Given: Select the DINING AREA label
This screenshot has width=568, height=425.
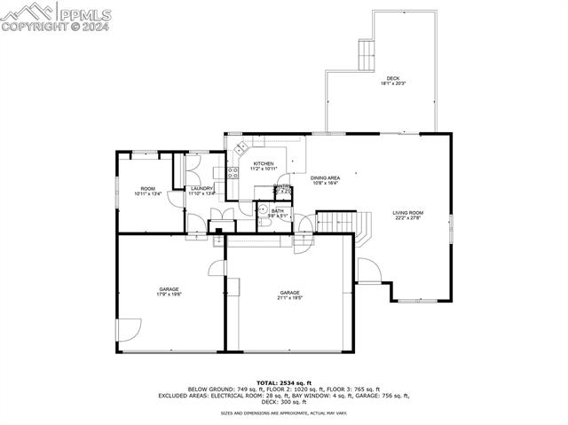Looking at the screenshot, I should (x=325, y=178).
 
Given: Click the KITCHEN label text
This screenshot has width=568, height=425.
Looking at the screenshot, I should (x=264, y=164).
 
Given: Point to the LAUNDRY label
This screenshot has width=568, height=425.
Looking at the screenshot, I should (x=201, y=188).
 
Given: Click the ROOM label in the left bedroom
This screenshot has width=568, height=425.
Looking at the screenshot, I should (x=147, y=188).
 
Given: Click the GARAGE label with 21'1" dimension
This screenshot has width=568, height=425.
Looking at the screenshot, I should (x=289, y=293).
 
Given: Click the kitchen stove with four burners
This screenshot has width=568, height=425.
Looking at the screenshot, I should (x=233, y=173).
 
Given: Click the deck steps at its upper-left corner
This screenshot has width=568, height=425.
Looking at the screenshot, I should (x=365, y=55).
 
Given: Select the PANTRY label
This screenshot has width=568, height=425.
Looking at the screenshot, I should (x=282, y=186).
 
